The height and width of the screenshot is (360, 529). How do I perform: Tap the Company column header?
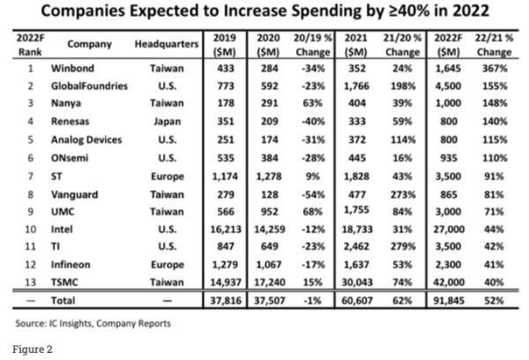point(84,43)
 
